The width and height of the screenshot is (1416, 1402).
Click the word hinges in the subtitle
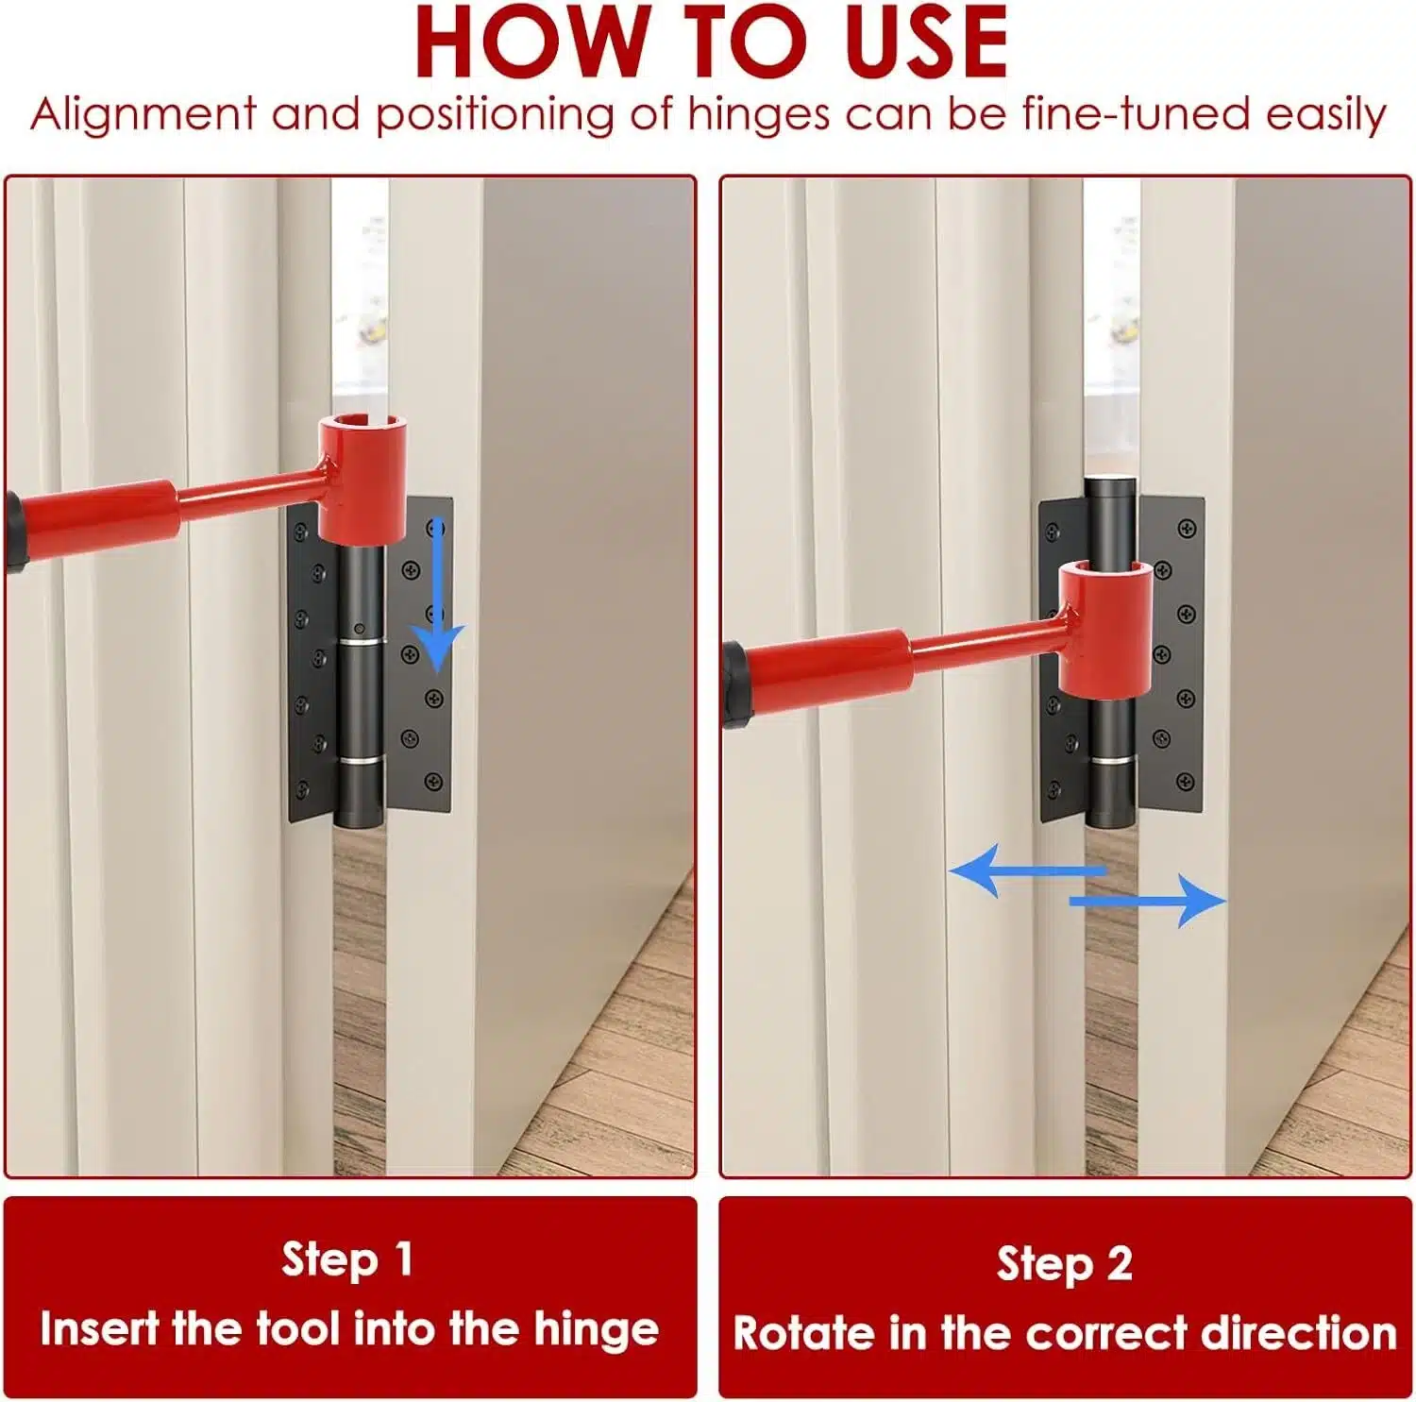click(759, 115)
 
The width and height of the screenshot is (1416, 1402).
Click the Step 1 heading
click(348, 1259)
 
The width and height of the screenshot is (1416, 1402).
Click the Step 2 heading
click(1065, 1263)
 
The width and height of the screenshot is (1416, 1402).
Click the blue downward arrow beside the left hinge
click(436, 595)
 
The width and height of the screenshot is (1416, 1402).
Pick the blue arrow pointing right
click(1148, 901)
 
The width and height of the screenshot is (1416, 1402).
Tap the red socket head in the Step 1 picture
click(362, 481)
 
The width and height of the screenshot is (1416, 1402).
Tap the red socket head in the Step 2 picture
click(1105, 630)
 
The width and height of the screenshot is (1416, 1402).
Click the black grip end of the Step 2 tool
click(736, 684)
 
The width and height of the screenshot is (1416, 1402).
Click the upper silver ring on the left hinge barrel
click(361, 642)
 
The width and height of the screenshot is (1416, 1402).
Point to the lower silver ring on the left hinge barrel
click(361, 760)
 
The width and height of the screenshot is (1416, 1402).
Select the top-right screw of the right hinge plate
click(1187, 528)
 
